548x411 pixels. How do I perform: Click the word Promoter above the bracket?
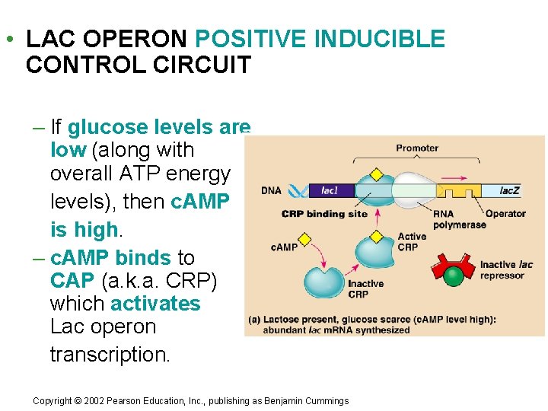click(417, 148)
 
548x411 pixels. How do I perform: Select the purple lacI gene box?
click(330, 190)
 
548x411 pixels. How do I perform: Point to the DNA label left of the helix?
click(272, 191)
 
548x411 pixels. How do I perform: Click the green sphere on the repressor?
click(454, 276)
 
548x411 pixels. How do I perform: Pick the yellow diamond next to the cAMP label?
click(304, 240)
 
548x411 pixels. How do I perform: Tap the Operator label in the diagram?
click(505, 214)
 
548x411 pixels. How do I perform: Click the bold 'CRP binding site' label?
click(324, 214)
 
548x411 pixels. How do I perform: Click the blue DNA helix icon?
click(298, 190)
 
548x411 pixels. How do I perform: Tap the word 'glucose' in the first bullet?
click(107, 126)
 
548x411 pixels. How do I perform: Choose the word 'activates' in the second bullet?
click(155, 304)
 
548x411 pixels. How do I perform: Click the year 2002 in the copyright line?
click(91, 401)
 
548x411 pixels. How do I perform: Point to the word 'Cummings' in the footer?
click(327, 401)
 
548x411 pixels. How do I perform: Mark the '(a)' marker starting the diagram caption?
click(255, 320)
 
